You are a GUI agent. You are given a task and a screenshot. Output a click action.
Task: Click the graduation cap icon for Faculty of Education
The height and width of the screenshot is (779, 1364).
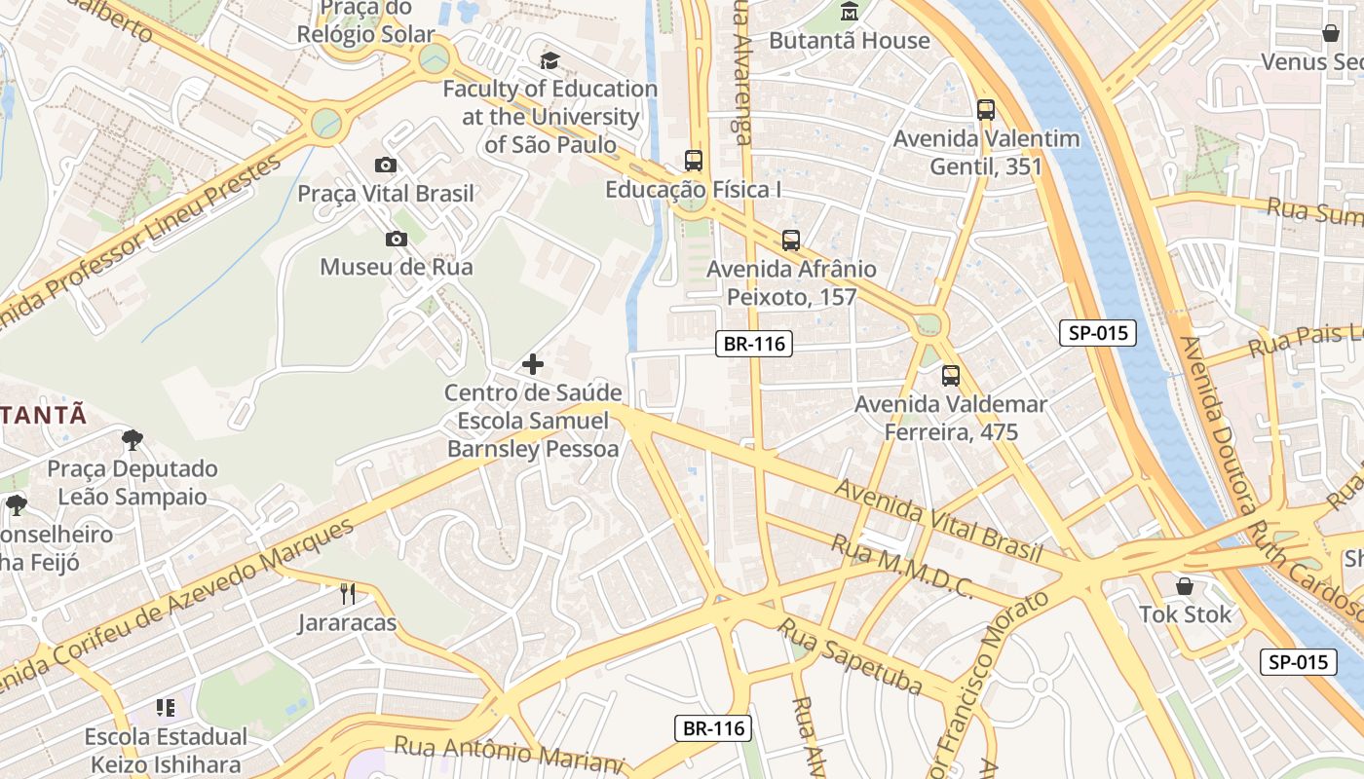click(x=550, y=61)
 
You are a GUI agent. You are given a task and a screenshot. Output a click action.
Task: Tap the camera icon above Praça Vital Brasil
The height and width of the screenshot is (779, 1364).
click(x=386, y=166)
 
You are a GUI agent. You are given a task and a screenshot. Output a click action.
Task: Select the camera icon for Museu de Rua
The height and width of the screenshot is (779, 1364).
click(x=396, y=239)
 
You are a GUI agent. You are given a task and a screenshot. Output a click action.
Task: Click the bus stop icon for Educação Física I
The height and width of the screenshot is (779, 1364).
click(x=693, y=161)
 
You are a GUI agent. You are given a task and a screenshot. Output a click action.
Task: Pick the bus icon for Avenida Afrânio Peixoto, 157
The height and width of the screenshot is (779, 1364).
click(x=790, y=240)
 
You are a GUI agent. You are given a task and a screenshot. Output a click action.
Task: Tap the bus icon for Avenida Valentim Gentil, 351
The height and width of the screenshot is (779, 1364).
click(x=985, y=110)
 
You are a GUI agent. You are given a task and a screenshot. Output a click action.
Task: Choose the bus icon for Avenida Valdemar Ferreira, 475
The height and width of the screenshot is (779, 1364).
click(x=950, y=375)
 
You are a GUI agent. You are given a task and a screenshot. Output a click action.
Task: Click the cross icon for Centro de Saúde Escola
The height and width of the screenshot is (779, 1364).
click(x=532, y=364)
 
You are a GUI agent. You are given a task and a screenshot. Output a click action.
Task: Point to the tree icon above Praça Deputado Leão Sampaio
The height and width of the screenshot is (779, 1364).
click(x=133, y=440)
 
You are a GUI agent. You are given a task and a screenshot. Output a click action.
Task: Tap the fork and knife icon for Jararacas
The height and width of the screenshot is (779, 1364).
click(x=347, y=593)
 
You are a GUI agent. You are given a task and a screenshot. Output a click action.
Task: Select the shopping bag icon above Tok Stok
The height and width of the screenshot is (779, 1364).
click(x=1185, y=586)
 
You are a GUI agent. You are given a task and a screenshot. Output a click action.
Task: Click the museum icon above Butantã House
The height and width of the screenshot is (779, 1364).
click(x=850, y=13)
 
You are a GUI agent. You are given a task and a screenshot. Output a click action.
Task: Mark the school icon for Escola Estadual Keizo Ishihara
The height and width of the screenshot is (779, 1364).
click(x=165, y=708)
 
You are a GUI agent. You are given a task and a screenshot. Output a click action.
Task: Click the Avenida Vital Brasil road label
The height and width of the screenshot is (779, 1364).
click(x=939, y=519)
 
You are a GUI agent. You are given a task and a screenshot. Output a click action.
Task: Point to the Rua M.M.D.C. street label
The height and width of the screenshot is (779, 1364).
click(x=901, y=566)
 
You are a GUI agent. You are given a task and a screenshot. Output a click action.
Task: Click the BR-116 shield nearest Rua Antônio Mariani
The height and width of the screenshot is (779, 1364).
click(x=713, y=728)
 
